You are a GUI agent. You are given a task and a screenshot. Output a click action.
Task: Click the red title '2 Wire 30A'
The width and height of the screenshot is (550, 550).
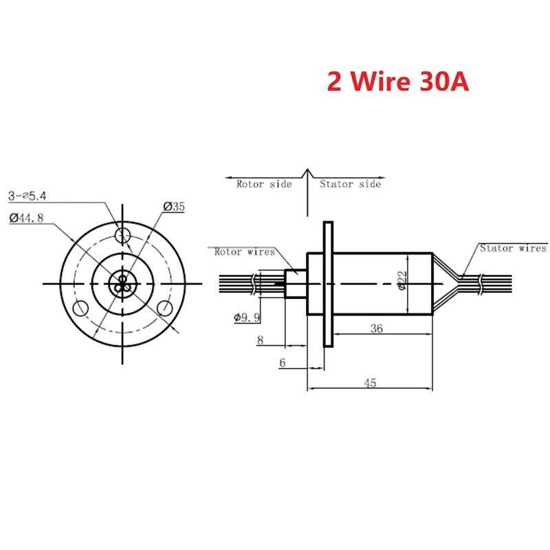click(x=398, y=81)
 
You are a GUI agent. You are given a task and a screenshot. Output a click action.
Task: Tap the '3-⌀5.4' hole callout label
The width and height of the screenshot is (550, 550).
click(x=27, y=196)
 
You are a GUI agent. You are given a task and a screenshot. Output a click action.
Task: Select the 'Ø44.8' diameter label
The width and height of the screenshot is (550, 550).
click(x=27, y=218)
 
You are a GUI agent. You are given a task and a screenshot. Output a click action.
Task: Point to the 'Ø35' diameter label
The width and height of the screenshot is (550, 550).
click(x=174, y=207)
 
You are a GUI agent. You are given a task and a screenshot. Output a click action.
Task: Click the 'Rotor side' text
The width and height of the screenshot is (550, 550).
click(x=264, y=184)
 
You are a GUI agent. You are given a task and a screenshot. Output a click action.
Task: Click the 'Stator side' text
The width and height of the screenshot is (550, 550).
click(x=351, y=184)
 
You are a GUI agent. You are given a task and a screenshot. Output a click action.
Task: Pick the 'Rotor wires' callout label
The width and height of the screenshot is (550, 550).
click(x=245, y=252)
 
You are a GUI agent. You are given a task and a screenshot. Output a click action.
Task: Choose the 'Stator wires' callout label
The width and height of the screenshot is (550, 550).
click(x=513, y=248)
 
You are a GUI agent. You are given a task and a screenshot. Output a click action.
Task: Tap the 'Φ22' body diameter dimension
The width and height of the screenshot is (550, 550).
click(x=402, y=280)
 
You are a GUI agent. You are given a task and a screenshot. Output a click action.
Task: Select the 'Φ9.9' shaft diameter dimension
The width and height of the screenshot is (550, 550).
click(x=247, y=318)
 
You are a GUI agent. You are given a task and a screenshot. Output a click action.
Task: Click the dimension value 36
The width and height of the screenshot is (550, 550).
click(x=377, y=329)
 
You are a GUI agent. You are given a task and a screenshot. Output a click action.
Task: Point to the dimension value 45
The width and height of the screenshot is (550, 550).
click(x=371, y=383)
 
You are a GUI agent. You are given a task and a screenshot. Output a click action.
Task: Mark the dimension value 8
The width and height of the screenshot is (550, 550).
click(x=261, y=340)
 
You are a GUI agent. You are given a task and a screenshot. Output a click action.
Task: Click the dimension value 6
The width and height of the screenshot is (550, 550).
click(x=283, y=363)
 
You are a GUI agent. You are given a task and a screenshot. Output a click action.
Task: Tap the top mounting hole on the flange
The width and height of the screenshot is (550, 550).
click(x=123, y=234)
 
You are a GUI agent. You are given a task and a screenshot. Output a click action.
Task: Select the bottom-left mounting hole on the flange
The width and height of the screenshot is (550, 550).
click(x=80, y=308)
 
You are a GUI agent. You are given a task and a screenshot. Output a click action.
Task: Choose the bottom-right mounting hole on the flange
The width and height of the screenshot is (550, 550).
click(x=165, y=308)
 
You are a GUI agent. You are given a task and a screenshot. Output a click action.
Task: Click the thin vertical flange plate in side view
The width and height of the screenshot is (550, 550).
click(x=328, y=284)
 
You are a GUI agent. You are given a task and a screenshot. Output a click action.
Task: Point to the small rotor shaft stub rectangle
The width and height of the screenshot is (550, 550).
click(x=296, y=283)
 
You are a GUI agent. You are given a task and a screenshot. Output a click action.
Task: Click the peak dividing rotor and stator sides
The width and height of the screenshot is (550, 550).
click(x=307, y=169)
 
